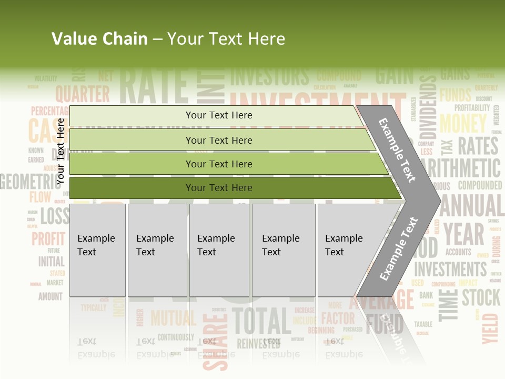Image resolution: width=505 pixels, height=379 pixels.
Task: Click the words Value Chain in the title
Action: pyautogui.click(x=99, y=39)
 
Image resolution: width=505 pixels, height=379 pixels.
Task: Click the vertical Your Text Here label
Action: pyautogui.click(x=60, y=152)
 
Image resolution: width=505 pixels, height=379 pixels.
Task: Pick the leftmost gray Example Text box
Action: pyautogui.click(x=97, y=250)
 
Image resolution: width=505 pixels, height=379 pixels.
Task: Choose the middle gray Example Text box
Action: pyautogui.click(x=219, y=250)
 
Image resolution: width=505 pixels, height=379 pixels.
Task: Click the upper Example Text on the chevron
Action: pyautogui.click(x=397, y=150)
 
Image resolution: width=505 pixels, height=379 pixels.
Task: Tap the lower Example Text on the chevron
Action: pyautogui.click(x=399, y=248)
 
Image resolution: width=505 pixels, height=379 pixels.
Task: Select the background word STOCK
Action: pyautogui.click(x=481, y=297)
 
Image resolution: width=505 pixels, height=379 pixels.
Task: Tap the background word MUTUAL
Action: pyautogui.click(x=173, y=318)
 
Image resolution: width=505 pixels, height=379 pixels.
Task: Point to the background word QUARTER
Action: pyautogui.click(x=83, y=94)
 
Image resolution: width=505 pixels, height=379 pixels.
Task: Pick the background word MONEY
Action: pyautogui.click(x=463, y=124)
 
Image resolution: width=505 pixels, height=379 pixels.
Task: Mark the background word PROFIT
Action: pyautogui.click(x=48, y=238)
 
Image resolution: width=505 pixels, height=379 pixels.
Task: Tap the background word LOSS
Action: pyautogui.click(x=55, y=216)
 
